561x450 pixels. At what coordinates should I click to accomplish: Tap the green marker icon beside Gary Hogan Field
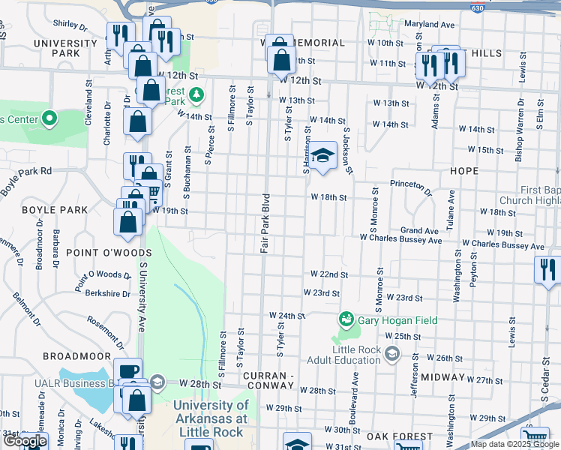346,320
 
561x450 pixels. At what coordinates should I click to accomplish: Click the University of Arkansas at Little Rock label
210,418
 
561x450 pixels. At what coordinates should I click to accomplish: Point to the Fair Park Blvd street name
265,223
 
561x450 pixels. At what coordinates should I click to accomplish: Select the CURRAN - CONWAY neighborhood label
265,380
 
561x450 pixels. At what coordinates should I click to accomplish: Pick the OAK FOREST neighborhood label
400,436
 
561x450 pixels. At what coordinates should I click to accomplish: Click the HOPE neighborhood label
463,171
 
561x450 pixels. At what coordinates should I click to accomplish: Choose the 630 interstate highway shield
477,7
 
